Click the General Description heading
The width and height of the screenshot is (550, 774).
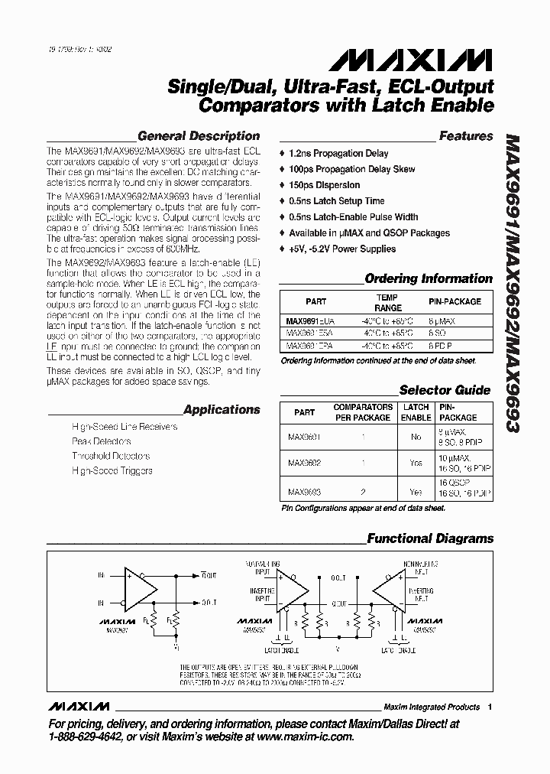[x=204, y=136]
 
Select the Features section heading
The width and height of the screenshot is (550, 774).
[x=466, y=136]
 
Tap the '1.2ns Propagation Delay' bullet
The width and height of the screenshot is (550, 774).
[x=338, y=154]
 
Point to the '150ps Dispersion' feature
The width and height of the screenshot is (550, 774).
[x=325, y=185]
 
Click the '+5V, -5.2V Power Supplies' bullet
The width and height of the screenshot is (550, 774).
[x=342, y=249]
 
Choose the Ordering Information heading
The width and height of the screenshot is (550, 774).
[x=429, y=278]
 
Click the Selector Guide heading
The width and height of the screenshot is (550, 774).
[x=445, y=390]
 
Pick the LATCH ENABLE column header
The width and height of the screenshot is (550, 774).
[x=416, y=412]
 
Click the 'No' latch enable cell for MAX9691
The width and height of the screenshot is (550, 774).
[x=416, y=437]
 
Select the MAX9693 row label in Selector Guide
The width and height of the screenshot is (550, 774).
[x=304, y=492]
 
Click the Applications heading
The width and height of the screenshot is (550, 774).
[x=222, y=409]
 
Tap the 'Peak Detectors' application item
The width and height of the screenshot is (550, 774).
[x=101, y=441]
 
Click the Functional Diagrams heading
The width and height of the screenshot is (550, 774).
[x=430, y=538]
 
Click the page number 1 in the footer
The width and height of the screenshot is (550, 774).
[x=490, y=707]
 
